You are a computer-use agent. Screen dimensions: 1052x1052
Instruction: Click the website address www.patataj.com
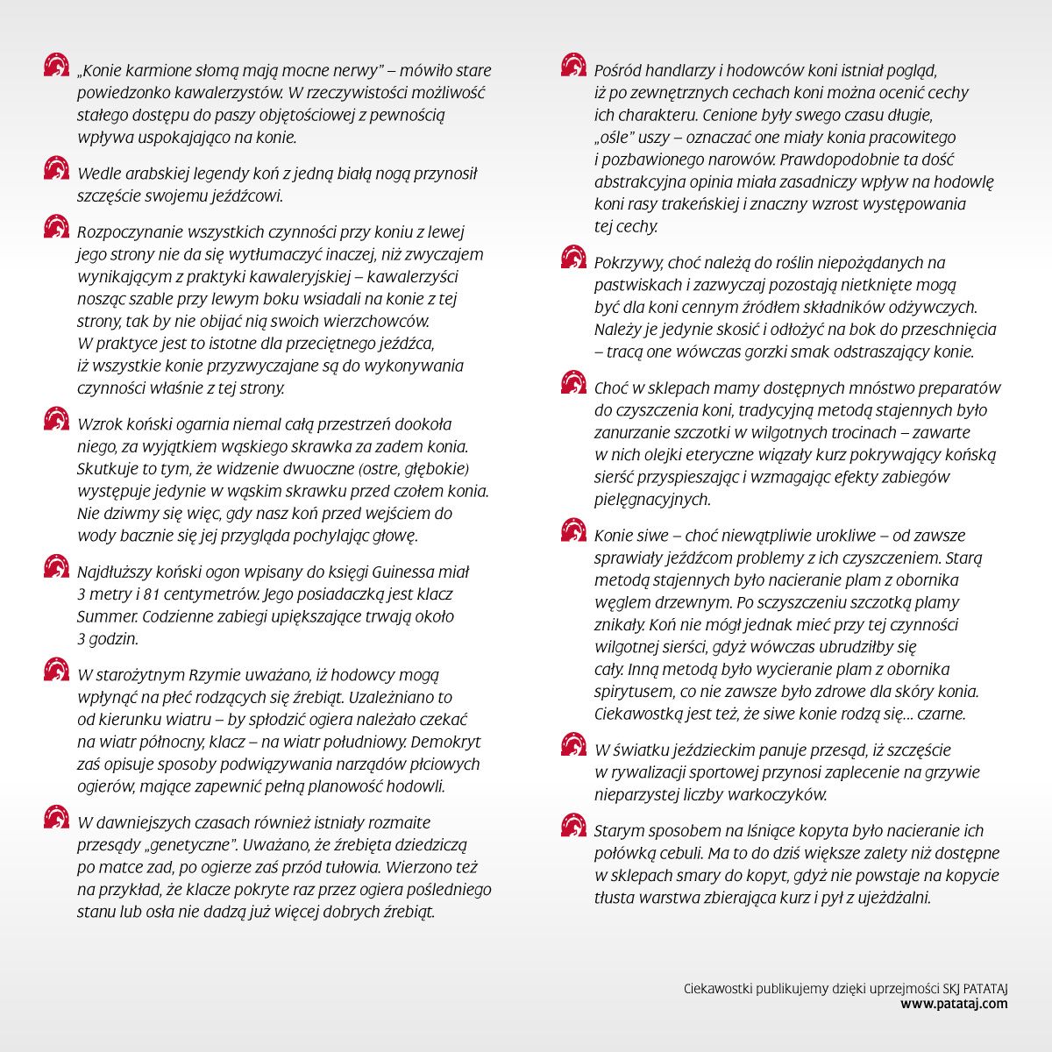tap(954, 1004)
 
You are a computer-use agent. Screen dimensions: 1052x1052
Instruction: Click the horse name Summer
tap(104, 616)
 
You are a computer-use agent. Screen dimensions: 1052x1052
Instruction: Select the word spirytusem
tap(634, 692)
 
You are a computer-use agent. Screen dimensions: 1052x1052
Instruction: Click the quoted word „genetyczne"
tap(186, 846)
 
